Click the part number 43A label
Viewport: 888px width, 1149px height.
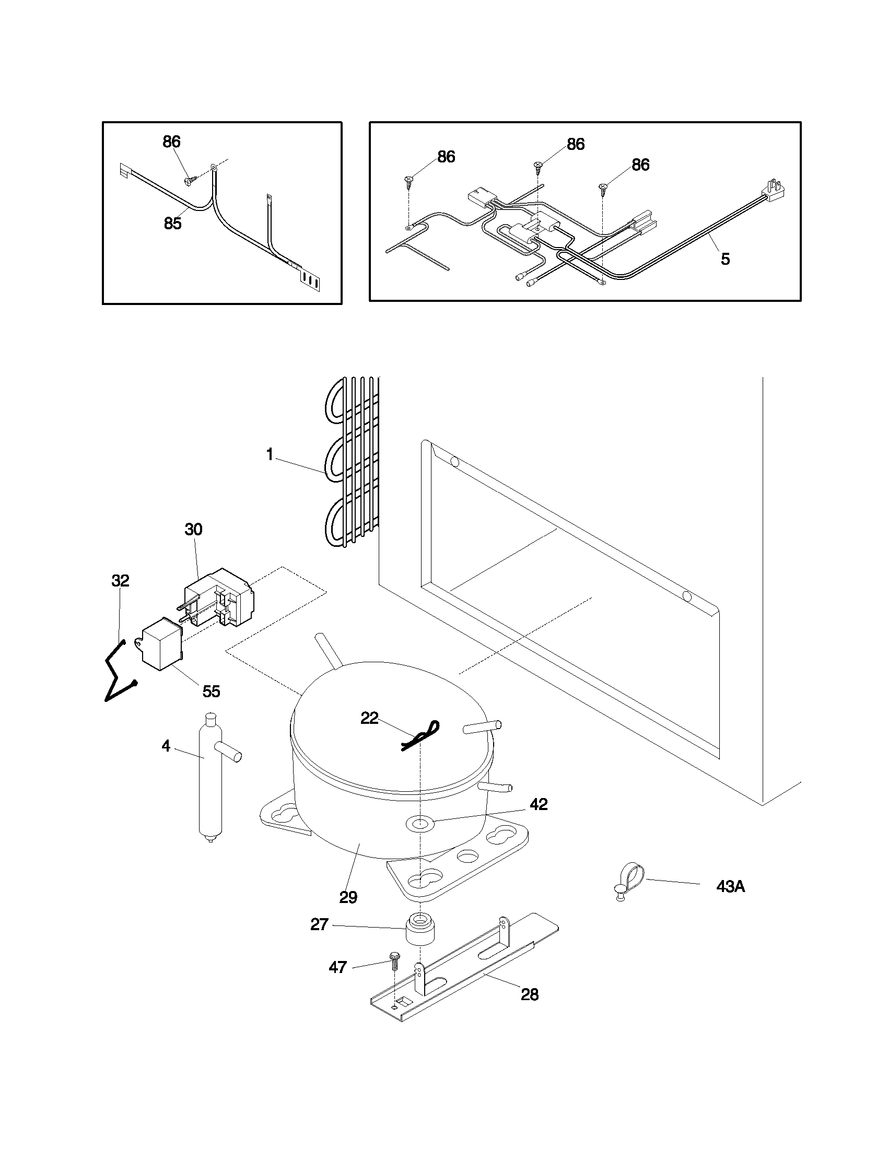tap(730, 887)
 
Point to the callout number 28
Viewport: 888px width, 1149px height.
tap(530, 994)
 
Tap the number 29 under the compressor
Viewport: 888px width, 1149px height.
tap(348, 896)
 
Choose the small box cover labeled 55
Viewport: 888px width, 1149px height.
tap(160, 645)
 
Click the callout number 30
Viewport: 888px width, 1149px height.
tap(193, 529)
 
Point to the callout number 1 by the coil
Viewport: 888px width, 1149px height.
tap(270, 455)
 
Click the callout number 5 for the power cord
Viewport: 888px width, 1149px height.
tap(725, 259)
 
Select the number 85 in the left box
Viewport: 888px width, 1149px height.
tap(172, 224)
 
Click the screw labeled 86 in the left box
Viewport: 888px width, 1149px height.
tap(189, 180)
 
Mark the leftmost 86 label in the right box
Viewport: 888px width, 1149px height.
tap(446, 157)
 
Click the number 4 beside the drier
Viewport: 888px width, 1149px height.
tap(166, 745)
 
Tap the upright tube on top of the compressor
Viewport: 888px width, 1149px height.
tap(328, 651)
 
